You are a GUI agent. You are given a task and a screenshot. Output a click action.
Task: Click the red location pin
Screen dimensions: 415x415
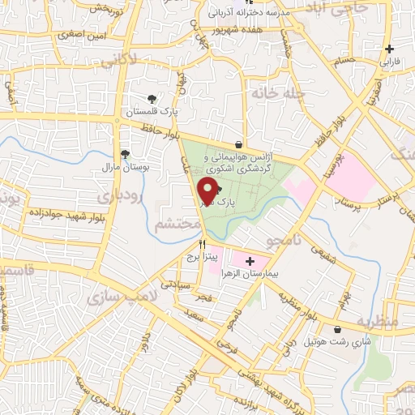coord(207,192)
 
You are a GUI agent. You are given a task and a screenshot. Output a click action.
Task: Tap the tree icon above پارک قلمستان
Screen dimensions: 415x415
coord(152,99)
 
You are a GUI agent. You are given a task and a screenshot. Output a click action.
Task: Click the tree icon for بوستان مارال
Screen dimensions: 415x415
coord(124,152)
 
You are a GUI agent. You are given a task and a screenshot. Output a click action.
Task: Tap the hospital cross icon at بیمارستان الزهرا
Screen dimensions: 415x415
coord(250,261)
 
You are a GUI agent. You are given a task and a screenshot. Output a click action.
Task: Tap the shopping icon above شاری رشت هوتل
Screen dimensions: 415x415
coord(338,329)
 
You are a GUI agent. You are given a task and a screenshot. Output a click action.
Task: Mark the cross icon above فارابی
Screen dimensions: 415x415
coord(391,49)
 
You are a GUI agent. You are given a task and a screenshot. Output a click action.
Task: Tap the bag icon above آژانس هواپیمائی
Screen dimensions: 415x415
coord(238,144)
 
